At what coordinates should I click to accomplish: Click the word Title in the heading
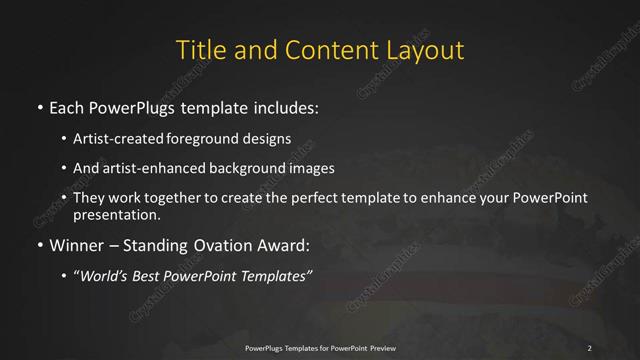(x=199, y=50)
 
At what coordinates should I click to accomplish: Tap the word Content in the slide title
(x=319, y=50)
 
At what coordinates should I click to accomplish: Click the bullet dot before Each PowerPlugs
(x=38, y=106)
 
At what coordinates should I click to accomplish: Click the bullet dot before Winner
(x=38, y=245)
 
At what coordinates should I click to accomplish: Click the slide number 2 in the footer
(x=590, y=347)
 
